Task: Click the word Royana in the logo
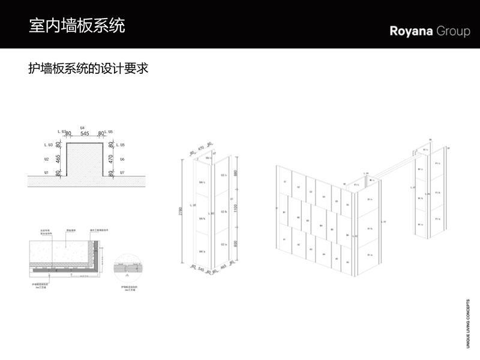coord(411,31)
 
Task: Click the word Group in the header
coord(454,31)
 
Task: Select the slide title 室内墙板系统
coord(77,26)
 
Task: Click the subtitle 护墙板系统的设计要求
coord(88,68)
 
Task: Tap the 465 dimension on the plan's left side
coord(59,160)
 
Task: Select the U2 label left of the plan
coord(46,160)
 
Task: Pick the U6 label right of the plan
coord(122,160)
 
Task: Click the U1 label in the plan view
coord(46,173)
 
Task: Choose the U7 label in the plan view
coord(122,173)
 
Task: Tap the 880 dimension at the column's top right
coord(236,173)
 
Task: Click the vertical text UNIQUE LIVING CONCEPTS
coord(469,323)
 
